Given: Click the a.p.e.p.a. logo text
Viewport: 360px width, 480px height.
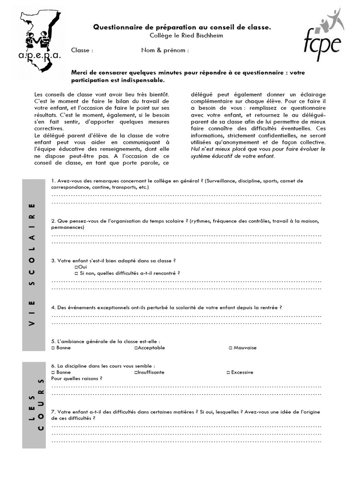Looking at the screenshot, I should (40, 56).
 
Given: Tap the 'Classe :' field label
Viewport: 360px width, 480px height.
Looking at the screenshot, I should (82, 51).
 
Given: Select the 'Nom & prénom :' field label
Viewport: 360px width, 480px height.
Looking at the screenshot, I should (165, 51).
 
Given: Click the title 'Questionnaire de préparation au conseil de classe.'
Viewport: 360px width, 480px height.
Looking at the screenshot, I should (182, 28).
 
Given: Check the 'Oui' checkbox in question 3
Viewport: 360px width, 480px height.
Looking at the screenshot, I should (76, 267).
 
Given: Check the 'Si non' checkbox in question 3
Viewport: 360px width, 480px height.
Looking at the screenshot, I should (76, 273).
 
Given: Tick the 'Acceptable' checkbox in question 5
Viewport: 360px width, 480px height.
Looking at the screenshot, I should (136, 348).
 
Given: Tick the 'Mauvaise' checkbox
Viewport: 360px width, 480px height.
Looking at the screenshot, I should (230, 348).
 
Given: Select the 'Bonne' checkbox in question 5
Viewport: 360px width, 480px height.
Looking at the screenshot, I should (53, 348).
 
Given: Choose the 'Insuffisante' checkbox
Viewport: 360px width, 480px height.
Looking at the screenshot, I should (136, 373).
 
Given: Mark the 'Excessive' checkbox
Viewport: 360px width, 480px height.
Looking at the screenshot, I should (228, 373).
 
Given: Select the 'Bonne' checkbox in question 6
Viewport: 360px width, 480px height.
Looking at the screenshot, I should (53, 373).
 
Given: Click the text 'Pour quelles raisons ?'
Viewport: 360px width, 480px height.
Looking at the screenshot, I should (77, 379).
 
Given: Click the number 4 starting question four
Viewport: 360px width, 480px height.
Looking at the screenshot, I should (53, 308).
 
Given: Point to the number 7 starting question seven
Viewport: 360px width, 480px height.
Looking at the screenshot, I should (53, 412).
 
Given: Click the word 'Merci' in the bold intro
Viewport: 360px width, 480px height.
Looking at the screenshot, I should (79, 73).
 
